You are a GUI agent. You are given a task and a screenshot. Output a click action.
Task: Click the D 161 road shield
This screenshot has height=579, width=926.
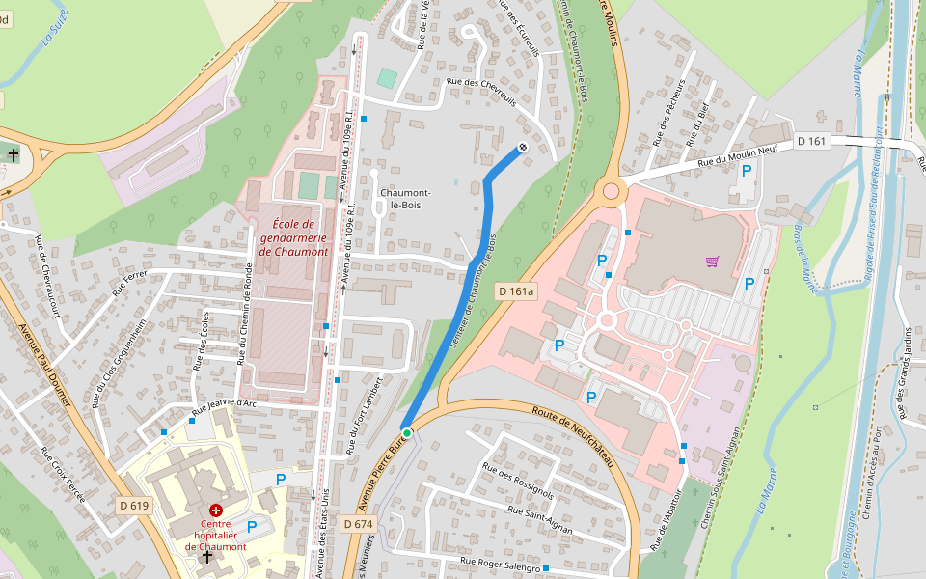812,142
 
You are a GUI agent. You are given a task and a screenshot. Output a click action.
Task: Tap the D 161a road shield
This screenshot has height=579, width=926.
515,290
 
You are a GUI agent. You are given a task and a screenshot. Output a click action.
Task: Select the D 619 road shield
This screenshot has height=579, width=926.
135,505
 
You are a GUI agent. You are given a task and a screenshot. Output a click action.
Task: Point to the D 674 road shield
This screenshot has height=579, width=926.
357,523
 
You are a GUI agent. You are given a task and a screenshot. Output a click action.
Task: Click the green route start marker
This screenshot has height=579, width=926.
407,434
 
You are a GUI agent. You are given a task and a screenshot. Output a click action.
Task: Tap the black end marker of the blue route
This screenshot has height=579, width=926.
522,148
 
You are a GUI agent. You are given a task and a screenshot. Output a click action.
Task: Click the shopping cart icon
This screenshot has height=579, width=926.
712,261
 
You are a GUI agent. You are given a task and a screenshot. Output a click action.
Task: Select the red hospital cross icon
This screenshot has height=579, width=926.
215,509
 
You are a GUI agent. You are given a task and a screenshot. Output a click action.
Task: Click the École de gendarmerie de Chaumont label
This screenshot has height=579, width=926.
293,237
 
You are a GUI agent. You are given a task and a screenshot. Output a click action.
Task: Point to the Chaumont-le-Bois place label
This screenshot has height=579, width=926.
405,199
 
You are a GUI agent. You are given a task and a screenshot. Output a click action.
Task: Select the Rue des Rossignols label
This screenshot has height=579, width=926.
519,482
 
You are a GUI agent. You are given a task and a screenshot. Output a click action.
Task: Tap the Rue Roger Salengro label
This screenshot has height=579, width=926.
500,563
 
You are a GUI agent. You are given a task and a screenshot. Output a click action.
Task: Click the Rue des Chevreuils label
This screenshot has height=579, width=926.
481,93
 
